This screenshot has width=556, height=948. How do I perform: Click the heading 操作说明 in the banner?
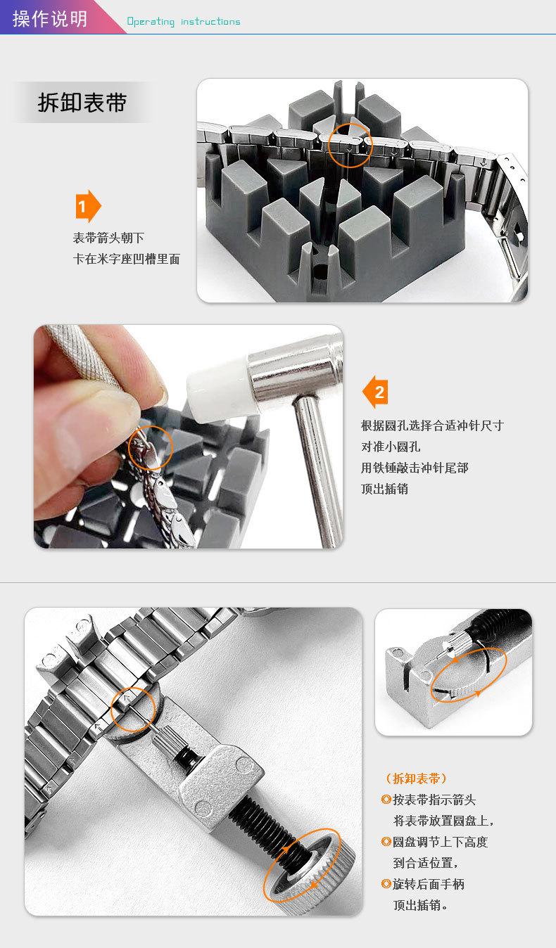pyautogui.click(x=49, y=18)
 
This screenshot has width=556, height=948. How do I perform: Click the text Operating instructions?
pyautogui.click(x=184, y=22)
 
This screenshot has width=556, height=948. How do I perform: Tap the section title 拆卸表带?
pyautogui.click(x=82, y=103)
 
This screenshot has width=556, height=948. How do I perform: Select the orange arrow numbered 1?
pyautogui.click(x=88, y=206)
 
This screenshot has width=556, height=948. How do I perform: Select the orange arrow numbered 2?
pyautogui.click(x=375, y=392)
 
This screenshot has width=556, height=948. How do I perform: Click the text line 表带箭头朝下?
pyautogui.click(x=108, y=238)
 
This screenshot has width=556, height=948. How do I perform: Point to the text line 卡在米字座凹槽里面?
pyautogui.click(x=127, y=259)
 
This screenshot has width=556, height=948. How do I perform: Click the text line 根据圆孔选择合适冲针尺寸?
pyautogui.click(x=432, y=425)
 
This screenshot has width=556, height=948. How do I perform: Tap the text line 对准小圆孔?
pyautogui.click(x=391, y=447)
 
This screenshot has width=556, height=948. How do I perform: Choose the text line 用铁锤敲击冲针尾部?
pyautogui.click(x=415, y=468)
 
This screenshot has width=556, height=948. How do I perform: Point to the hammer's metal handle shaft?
pyautogui.click(x=320, y=470)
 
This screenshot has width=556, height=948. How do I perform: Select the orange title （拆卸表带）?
pyautogui.click(x=416, y=779)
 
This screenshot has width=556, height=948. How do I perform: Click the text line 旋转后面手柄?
pyautogui.click(x=428, y=884)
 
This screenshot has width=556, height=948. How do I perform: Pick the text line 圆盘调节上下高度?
pyautogui.click(x=440, y=842)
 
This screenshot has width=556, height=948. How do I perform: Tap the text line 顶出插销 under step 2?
pyautogui.click(x=384, y=489)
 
